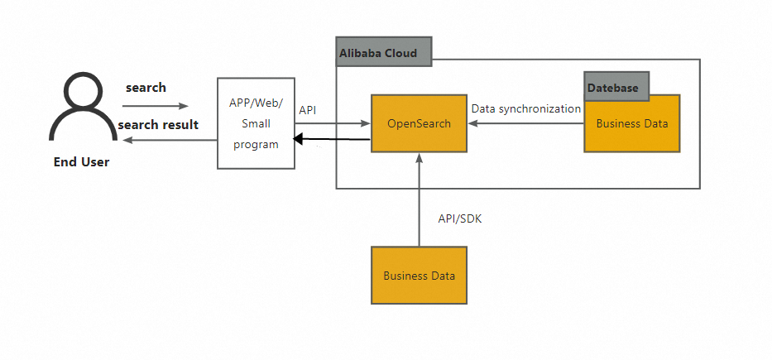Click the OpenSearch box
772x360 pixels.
tap(419, 123)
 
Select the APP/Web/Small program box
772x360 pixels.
tap(256, 123)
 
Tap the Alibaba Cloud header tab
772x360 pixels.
tap(383, 52)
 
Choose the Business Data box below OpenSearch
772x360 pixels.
tap(419, 276)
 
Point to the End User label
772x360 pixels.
tap(81, 162)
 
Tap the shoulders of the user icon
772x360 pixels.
tap(82, 128)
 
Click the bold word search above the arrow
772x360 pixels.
tap(146, 88)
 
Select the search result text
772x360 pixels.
tap(158, 125)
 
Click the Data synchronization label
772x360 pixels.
tap(526, 108)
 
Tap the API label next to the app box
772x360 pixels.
tap(307, 109)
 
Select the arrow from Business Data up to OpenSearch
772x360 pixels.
tap(420, 199)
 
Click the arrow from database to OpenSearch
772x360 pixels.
tap(525, 123)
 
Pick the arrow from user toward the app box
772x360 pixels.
tap(156, 106)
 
